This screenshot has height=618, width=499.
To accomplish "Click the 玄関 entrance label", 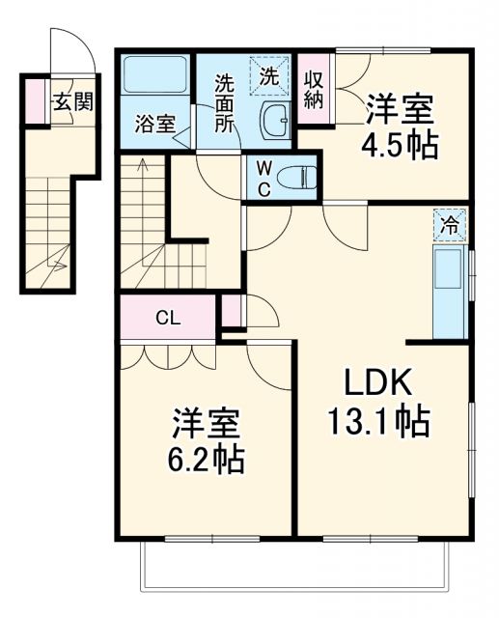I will coord(73,101).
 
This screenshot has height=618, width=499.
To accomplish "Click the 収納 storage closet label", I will coord(314,91).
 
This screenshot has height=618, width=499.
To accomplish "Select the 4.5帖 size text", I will coord(401,145).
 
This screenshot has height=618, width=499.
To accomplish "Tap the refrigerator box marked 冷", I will coord(451,226).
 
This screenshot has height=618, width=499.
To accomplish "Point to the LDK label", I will coord(379,383).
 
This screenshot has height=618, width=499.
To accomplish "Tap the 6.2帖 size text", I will coord(204,458).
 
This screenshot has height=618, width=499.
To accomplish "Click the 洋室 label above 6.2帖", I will coord(205,421).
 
